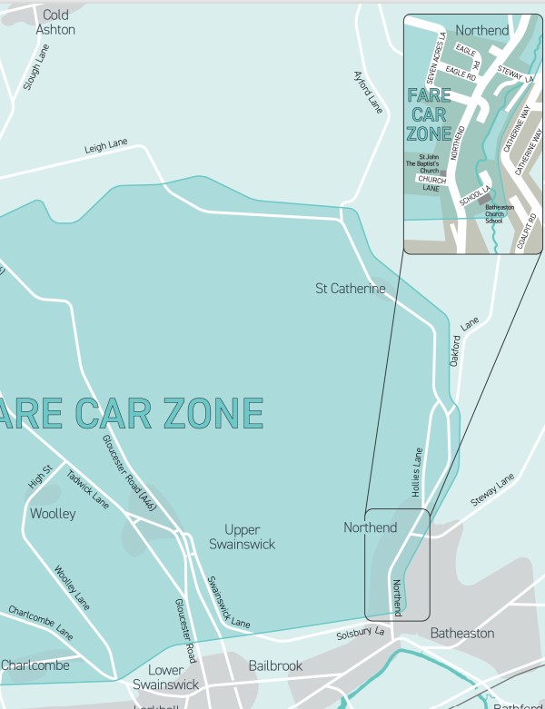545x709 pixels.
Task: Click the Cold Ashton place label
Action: tap(55, 23)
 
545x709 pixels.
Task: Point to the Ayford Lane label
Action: tap(368, 92)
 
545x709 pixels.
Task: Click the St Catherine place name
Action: tap(350, 289)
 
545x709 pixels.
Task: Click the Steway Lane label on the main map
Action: tap(492, 489)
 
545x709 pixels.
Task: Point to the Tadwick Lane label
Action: tap(88, 488)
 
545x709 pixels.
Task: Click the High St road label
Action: tap(41, 477)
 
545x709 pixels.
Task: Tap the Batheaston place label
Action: tap(462, 633)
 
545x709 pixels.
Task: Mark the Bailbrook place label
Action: tap(275, 666)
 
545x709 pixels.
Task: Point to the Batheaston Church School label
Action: tap(499, 213)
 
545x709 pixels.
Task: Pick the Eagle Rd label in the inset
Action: tap(461, 77)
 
